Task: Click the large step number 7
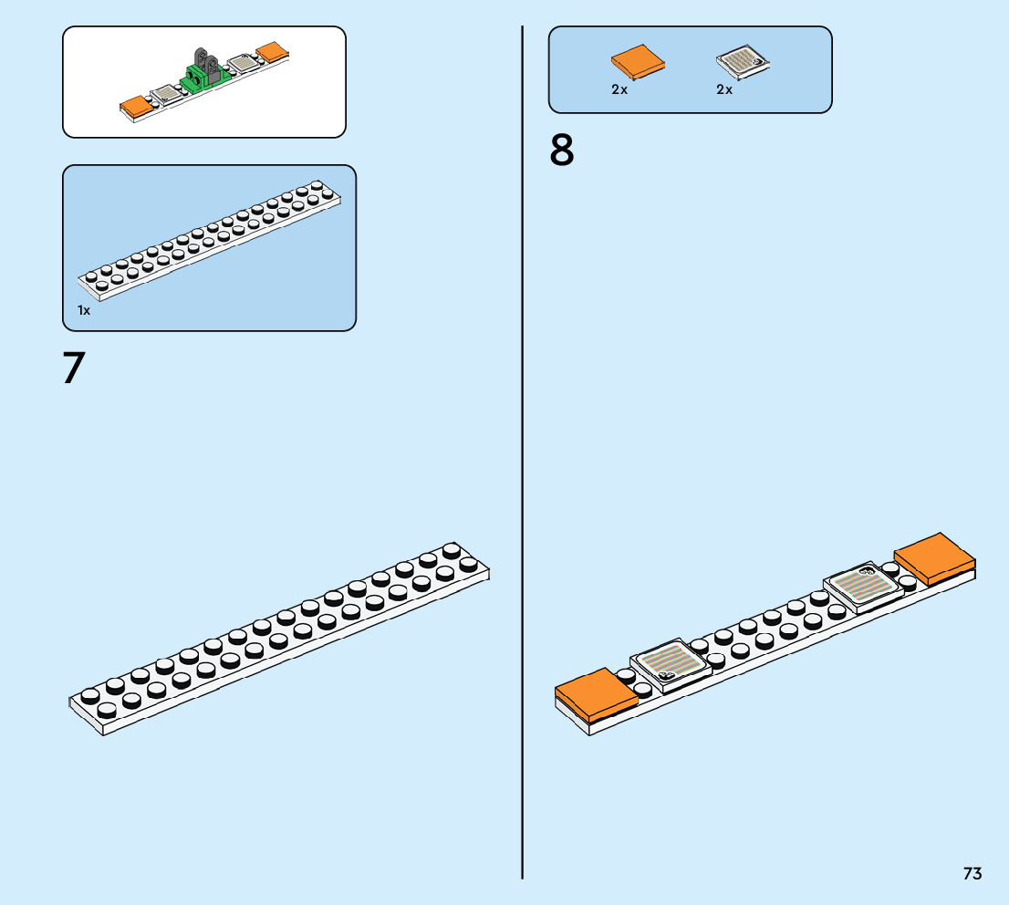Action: [74, 368]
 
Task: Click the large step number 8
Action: [561, 150]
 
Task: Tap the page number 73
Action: [973, 873]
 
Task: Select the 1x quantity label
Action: [84, 310]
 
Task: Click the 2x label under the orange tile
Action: [619, 89]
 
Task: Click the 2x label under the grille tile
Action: [724, 89]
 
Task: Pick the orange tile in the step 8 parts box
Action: [638, 62]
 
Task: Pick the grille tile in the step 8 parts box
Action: [743, 62]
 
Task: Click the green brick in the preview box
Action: [205, 78]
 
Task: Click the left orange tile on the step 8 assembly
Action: [596, 694]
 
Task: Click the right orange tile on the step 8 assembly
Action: [934, 558]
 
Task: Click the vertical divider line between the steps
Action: [522, 452]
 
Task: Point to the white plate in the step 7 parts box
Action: [210, 240]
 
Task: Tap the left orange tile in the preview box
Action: [137, 108]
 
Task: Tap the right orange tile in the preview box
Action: [272, 52]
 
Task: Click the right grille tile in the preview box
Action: [244, 63]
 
